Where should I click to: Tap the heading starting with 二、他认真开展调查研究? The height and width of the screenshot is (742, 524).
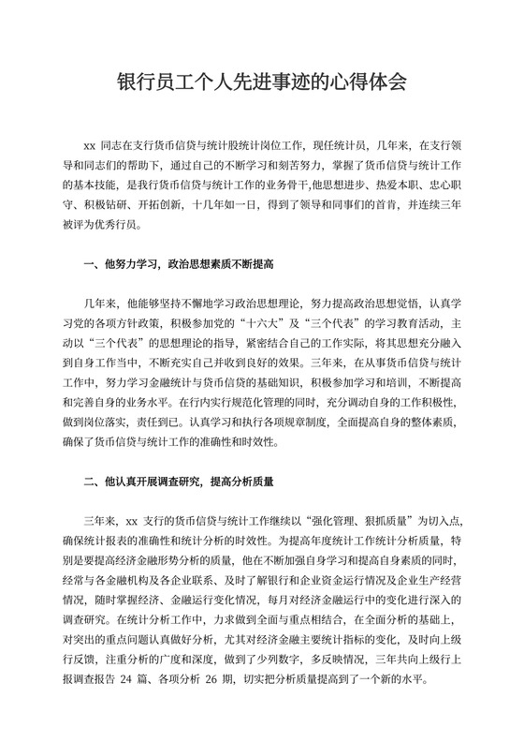tap(178, 484)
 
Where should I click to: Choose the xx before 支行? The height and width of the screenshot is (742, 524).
tap(132, 521)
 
